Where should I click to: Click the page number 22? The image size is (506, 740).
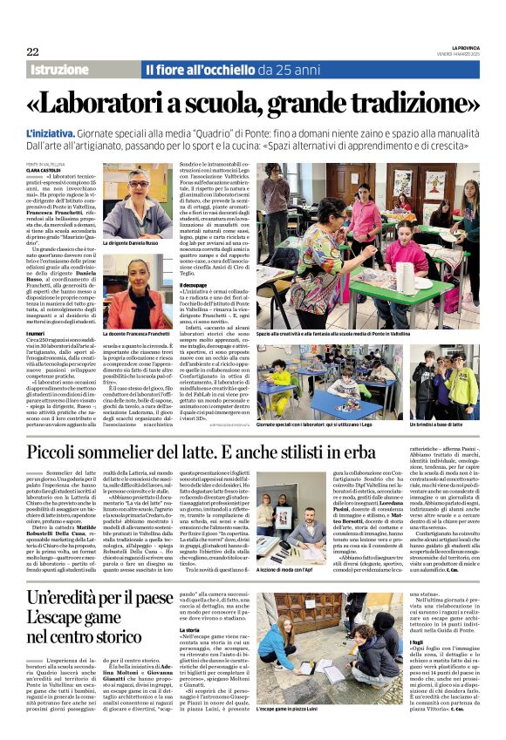[x=32, y=51]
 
